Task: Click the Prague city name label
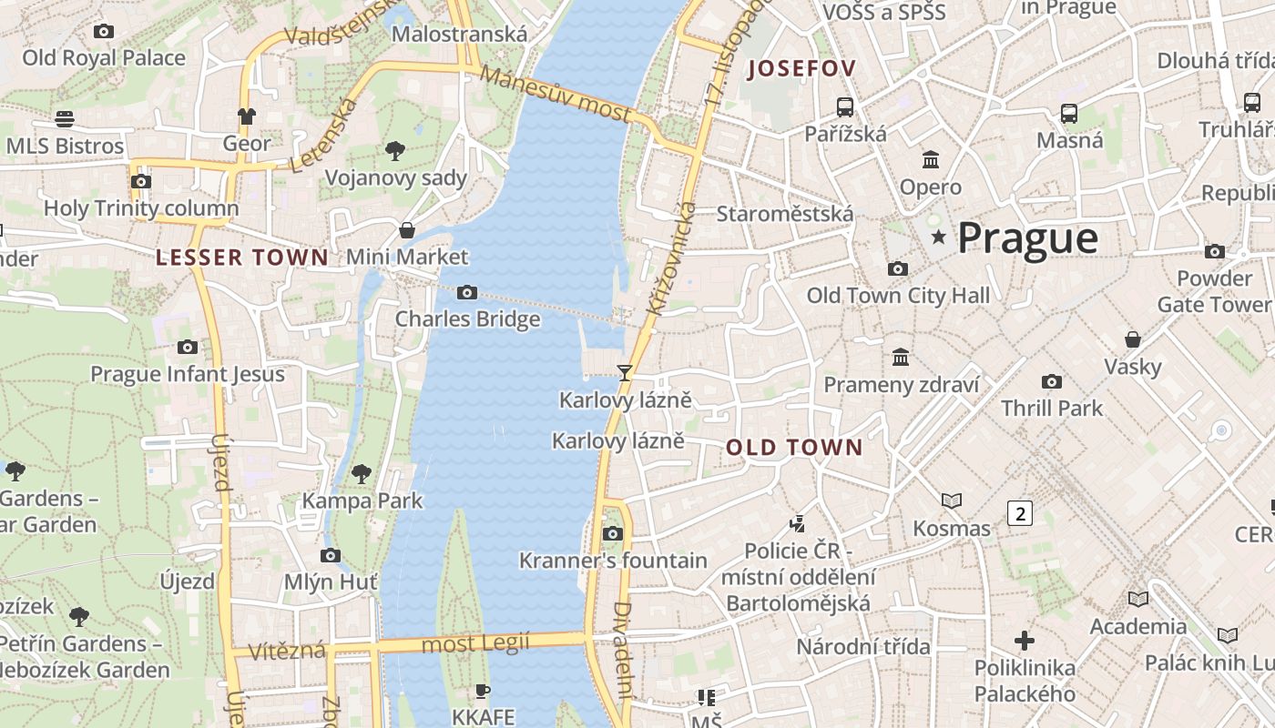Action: click(1027, 238)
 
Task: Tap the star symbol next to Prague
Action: click(938, 238)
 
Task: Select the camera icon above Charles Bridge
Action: click(467, 292)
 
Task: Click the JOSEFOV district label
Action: click(801, 69)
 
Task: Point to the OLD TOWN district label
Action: click(794, 447)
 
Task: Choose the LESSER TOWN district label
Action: click(241, 258)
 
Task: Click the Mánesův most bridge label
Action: click(555, 94)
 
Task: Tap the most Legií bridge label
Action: click(475, 644)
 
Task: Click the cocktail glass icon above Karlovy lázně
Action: click(625, 372)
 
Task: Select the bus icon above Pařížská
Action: click(845, 106)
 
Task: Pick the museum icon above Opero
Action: click(931, 160)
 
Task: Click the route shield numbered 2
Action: click(1020, 513)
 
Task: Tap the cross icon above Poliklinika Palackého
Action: click(1025, 641)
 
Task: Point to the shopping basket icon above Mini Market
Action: click(407, 230)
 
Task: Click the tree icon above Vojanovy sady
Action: click(395, 151)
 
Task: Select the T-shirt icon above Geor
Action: click(247, 116)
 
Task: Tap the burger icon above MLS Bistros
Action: click(64, 119)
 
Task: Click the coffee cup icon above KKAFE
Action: click(483, 691)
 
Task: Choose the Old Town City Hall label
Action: click(898, 296)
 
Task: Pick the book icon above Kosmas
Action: click(952, 500)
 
